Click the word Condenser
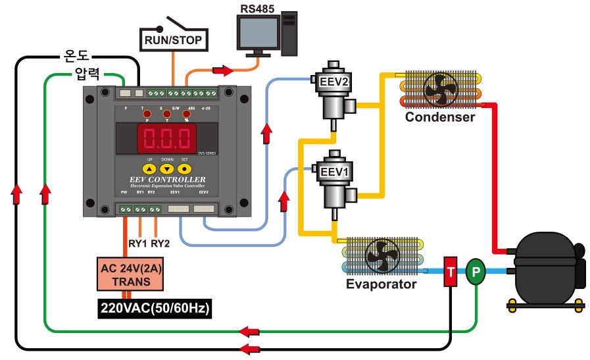pos(439,117)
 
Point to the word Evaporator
pos(381,284)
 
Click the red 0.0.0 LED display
pos(157,138)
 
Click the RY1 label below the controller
pos(137,244)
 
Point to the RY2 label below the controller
pos(160,244)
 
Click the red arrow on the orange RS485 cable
pos(223,70)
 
